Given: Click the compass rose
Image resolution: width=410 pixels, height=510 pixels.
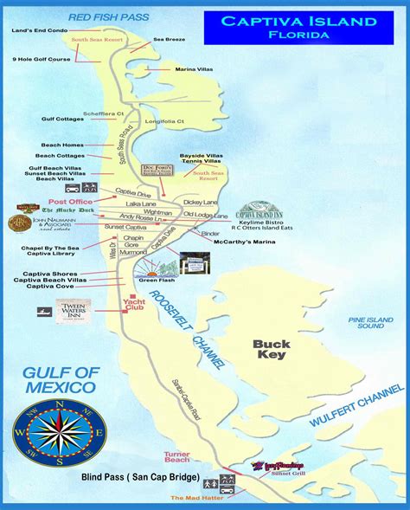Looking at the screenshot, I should (60, 426).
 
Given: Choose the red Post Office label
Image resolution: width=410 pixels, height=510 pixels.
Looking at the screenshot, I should (77, 201).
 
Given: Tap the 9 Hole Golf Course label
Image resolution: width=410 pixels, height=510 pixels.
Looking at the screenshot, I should (41, 58).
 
